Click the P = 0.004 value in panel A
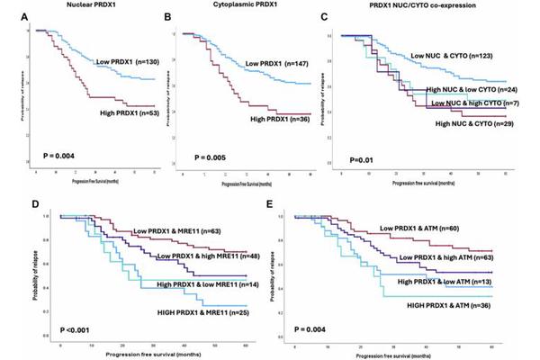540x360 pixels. point(52,155)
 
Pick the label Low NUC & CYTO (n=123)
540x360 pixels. point(455,57)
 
